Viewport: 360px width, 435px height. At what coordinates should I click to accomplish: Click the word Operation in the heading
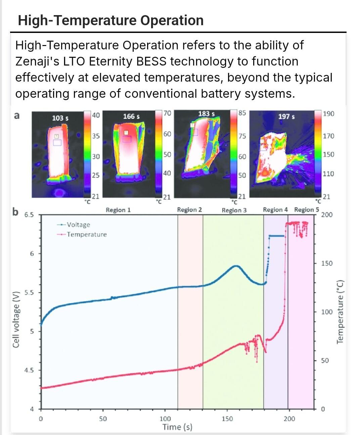pos(172,20)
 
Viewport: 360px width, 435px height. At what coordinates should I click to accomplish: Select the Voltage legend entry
pos(78,225)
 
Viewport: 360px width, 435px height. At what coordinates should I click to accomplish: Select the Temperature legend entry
pos(86,234)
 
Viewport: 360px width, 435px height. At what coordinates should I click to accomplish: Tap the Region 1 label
pos(118,210)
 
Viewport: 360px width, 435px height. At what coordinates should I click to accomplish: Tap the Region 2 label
pos(189,210)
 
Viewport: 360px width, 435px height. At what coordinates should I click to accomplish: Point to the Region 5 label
pos(306,210)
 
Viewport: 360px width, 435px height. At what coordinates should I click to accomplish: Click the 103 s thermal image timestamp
pos(60,118)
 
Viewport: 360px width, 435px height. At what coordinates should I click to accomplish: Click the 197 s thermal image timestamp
pos(286,117)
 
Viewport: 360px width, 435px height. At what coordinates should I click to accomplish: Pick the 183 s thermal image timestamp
pos(207,114)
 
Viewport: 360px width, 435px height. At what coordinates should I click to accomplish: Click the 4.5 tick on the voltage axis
pos(29,371)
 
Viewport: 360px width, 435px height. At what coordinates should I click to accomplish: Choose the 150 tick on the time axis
pos(227,419)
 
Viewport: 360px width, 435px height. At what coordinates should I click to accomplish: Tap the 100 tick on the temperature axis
pos(327,312)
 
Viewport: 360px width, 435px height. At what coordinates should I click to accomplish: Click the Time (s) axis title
pos(177,427)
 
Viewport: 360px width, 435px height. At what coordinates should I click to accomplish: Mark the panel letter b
pos(15,212)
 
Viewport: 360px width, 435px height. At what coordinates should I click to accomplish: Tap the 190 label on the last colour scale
pos(328,114)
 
